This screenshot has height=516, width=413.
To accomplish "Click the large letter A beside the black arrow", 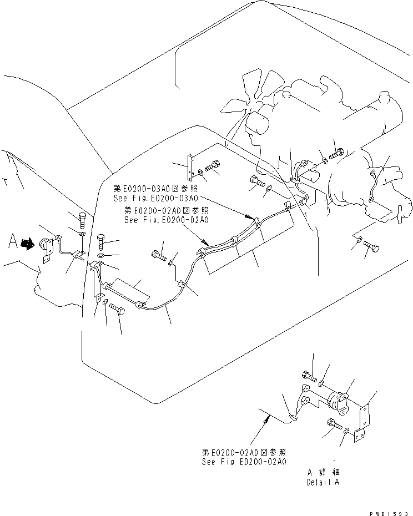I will (13, 241).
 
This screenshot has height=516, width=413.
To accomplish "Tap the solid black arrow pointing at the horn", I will (27, 243).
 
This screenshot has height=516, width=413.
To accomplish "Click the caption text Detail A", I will (323, 482).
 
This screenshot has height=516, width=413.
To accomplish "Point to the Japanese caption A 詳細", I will (323, 472).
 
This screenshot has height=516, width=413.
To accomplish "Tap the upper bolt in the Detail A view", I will (310, 377).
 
